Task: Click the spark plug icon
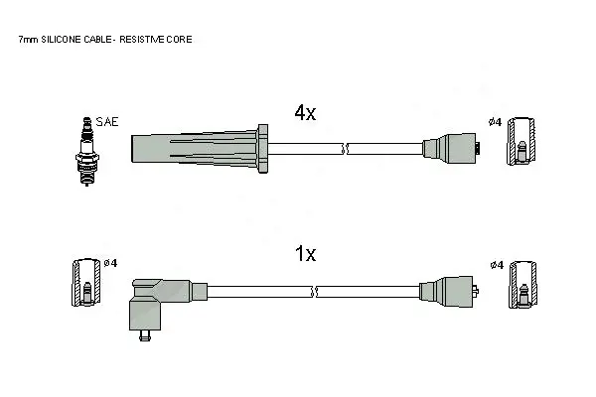pyautogui.click(x=87, y=151)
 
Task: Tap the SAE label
pyautogui.click(x=107, y=122)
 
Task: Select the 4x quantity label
pyautogui.click(x=305, y=112)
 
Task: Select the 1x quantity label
pyautogui.click(x=306, y=254)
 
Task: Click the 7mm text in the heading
pyautogui.click(x=29, y=40)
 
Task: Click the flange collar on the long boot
pyautogui.click(x=262, y=149)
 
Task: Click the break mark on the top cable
pyautogui.click(x=345, y=149)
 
